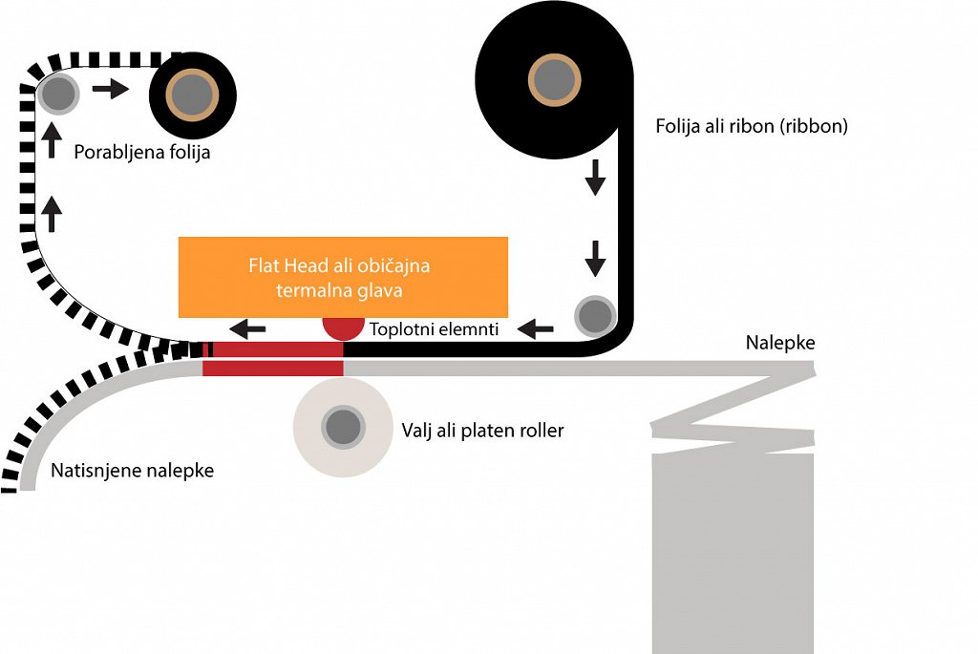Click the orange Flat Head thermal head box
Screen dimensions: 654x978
tap(343, 277)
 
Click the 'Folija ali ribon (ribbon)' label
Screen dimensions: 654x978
tap(752, 126)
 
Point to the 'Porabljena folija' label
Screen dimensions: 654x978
tap(141, 151)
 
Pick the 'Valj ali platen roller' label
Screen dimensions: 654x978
tap(482, 431)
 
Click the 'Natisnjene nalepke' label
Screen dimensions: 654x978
tap(132, 471)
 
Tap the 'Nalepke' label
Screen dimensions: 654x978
tap(780, 343)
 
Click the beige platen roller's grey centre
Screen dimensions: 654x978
tap(341, 426)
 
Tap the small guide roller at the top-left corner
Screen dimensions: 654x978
tap(57, 93)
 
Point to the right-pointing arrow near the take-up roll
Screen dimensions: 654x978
tap(110, 90)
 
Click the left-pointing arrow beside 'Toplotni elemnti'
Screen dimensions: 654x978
tap(535, 329)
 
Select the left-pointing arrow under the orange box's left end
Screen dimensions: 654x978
tap(249, 329)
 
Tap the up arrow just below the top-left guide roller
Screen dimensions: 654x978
tap(51, 140)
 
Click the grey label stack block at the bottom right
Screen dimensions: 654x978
tap(733, 552)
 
